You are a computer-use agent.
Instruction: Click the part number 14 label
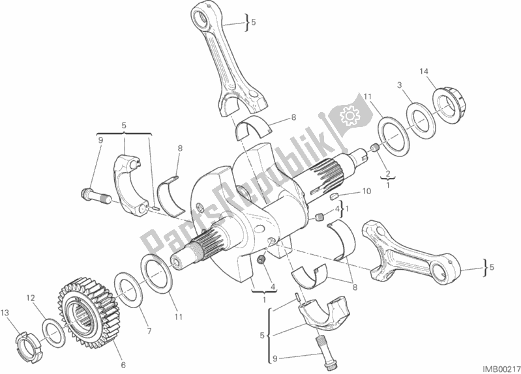[x=424, y=72]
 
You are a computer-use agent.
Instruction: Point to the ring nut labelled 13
[x=29, y=343]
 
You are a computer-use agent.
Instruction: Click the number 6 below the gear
[x=123, y=365]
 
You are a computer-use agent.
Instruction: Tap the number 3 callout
[x=400, y=85]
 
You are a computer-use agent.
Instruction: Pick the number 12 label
[x=31, y=298]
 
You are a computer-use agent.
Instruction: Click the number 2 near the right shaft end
[x=387, y=173]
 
